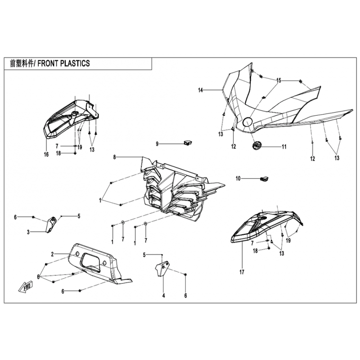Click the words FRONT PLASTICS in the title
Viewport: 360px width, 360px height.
pos(63,64)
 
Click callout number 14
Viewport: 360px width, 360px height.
pos(201,90)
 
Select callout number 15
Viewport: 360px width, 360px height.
pos(279,81)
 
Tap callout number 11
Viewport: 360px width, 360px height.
pos(284,147)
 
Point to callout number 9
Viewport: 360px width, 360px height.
pos(157,144)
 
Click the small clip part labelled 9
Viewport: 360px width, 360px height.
pos(187,143)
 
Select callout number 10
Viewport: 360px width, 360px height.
pos(238,179)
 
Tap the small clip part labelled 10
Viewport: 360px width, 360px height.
pos(264,179)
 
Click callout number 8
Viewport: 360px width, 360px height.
pos(115,157)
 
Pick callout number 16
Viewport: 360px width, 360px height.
pos(46,154)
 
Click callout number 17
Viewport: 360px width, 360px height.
pos(242,272)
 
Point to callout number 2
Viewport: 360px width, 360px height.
pos(53,254)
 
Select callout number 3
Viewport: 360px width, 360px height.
pos(28,232)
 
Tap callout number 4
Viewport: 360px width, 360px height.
pos(164,296)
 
